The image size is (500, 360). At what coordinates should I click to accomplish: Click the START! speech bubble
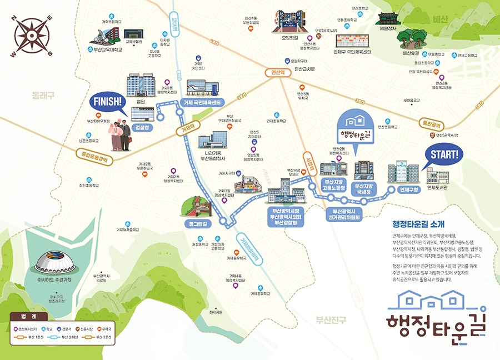(x=443, y=155)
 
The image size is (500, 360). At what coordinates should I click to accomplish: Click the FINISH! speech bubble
(x=107, y=102)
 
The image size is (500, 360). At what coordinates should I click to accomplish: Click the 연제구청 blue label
(x=408, y=190)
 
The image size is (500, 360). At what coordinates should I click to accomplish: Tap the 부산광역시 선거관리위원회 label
(x=344, y=214)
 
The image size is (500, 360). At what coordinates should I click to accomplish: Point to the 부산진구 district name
(x=331, y=319)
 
